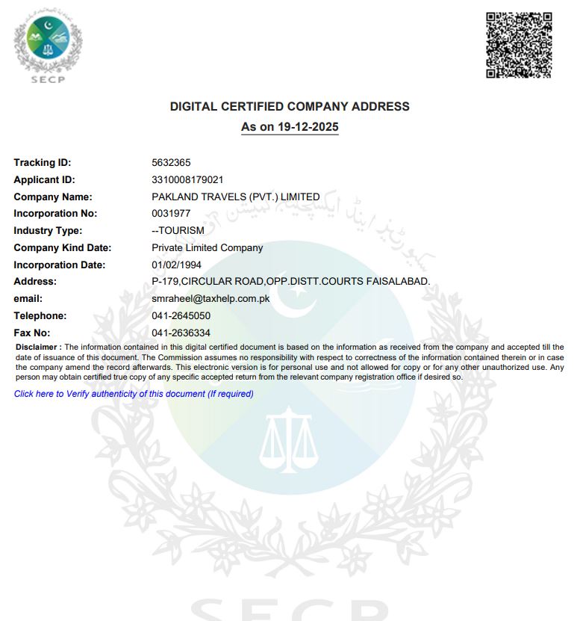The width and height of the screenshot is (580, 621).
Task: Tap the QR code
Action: tap(519, 44)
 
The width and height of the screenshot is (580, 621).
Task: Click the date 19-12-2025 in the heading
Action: tap(306, 127)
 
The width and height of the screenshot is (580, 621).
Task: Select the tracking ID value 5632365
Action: tap(170, 162)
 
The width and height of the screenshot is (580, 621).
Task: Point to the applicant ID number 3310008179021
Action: tap(187, 179)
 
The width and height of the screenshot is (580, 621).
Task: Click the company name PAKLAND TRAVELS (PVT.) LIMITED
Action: tap(235, 197)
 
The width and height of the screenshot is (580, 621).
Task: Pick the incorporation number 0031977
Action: tap(171, 214)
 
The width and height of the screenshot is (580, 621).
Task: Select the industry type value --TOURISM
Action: tap(178, 230)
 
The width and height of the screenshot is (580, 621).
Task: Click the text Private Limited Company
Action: tap(207, 247)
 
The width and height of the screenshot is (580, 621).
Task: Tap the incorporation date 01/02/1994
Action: tap(176, 265)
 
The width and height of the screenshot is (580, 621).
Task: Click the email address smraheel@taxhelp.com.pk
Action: tap(210, 298)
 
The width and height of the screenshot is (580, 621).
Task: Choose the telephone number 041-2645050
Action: tap(181, 315)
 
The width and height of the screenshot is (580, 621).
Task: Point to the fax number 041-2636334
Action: tap(181, 333)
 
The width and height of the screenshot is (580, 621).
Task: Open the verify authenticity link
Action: tap(134, 394)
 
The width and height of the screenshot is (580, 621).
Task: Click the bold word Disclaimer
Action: tap(37, 347)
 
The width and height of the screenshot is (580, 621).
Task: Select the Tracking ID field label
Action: tap(42, 162)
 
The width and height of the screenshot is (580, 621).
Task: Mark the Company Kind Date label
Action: tap(62, 247)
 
